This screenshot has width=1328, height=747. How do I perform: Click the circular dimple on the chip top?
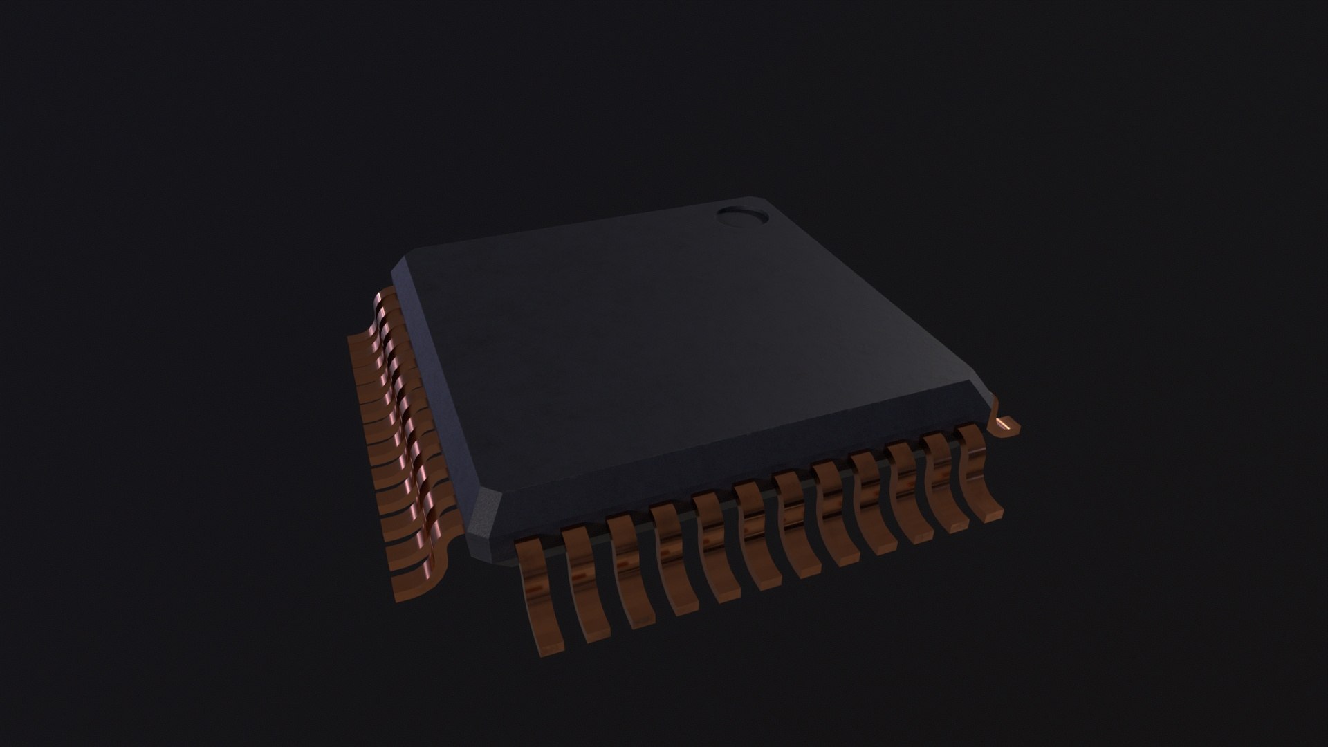point(742,216)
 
